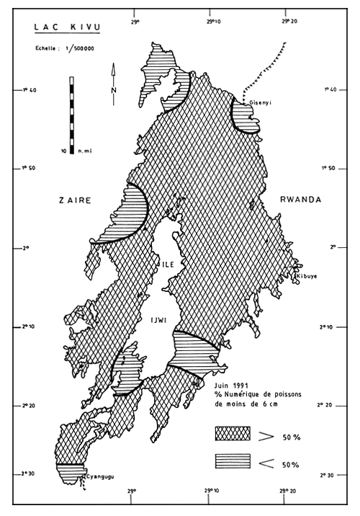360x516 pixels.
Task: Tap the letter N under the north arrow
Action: click(114, 89)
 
